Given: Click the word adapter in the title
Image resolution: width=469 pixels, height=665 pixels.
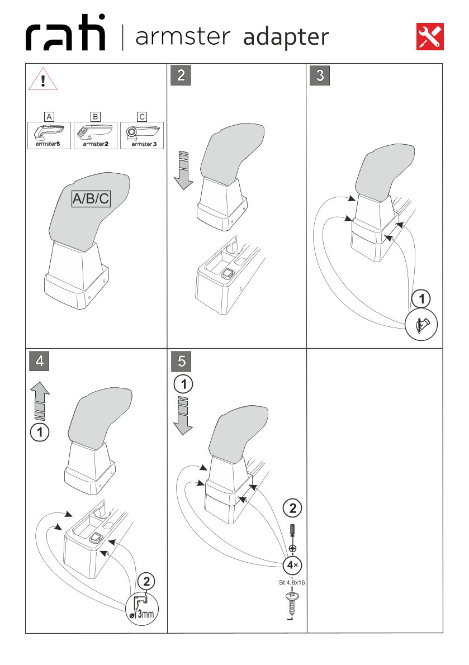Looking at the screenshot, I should coord(286,37).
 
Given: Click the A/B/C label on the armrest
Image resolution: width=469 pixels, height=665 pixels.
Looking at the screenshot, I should coord(91,199).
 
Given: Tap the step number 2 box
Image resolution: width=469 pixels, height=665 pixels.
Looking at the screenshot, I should coord(180,75).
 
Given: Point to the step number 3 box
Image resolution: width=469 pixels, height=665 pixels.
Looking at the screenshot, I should coord(320,75).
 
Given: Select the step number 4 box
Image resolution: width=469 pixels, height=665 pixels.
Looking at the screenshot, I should coord(39,360).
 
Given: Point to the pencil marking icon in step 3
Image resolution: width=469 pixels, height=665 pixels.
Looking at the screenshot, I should coord(422,325).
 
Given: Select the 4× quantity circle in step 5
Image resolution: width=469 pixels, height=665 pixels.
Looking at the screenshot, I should coord(292,565).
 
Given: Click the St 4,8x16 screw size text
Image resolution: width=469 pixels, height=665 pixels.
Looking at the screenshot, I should coord(292,582).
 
